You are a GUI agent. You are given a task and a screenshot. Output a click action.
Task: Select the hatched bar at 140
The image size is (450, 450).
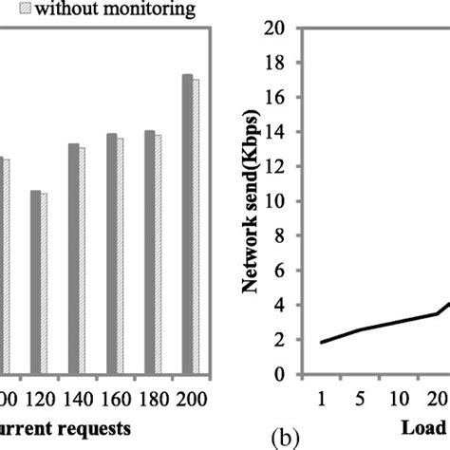(82, 260)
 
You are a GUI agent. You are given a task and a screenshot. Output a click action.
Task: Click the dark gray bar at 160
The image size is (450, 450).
(111, 253)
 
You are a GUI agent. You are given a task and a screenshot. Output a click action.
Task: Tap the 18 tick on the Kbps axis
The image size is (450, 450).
(276, 63)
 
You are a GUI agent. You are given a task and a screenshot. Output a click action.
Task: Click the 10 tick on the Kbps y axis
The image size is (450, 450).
(276, 201)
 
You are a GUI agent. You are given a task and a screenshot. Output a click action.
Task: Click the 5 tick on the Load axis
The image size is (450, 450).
(360, 396)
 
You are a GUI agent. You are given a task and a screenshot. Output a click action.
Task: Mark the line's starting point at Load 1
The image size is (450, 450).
(321, 342)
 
